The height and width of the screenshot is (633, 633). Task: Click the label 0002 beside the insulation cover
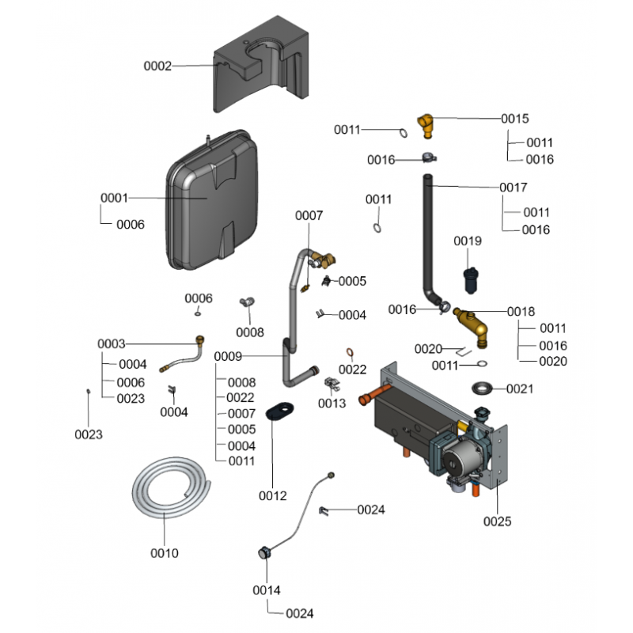157,66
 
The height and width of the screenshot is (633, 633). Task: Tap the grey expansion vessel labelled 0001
212,200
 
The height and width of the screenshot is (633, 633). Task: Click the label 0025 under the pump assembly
497,521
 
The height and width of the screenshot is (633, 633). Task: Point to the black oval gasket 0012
279,410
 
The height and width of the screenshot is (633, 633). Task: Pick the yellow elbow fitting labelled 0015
426,125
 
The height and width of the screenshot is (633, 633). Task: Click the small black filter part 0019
471,280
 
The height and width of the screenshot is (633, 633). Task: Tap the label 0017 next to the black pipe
513,188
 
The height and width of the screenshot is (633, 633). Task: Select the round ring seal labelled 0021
483,389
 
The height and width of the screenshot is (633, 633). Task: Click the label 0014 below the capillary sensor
267,590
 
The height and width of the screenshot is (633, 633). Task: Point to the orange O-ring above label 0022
350,353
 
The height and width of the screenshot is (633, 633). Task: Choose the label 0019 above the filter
468,241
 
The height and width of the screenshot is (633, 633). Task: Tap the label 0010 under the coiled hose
165,553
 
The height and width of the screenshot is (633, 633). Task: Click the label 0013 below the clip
332,404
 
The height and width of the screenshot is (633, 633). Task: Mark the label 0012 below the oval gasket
272,496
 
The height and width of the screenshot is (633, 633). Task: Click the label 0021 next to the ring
520,389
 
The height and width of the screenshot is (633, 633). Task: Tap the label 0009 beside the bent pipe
228,357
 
